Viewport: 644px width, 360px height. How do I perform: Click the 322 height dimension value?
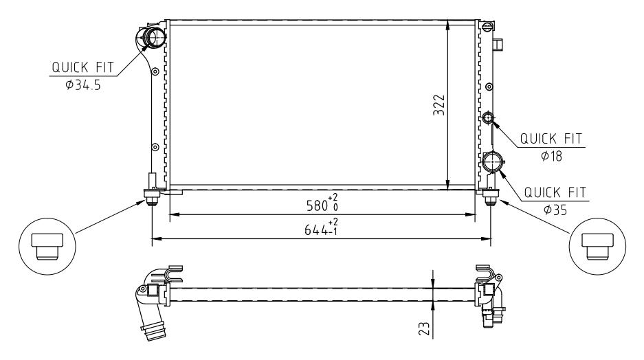(441, 105)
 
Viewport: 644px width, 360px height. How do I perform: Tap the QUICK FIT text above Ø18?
(551, 138)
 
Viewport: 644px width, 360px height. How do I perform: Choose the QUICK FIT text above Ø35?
(555, 192)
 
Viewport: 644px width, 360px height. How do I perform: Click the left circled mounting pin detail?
(47, 245)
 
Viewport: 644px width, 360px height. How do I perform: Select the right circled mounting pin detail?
(596, 245)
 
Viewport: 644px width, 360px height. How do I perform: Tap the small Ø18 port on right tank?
(488, 118)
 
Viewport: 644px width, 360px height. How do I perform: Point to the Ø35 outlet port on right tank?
(492, 163)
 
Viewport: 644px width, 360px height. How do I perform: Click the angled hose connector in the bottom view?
(151, 319)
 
